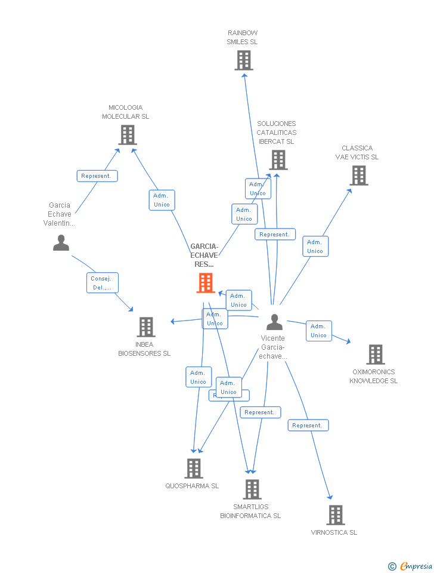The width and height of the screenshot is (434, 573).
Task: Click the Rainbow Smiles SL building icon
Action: pos(243,60)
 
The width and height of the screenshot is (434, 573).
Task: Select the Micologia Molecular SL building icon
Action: pos(128,135)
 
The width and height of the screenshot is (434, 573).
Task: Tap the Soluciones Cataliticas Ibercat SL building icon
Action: pos(278,160)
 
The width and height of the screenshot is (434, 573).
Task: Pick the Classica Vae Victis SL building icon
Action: pos(359,175)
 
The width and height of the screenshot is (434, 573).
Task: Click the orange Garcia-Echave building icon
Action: pos(206,283)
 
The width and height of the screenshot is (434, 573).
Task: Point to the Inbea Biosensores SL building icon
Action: pos(146,327)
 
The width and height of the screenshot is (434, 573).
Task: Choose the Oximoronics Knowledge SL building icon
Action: pos(375,355)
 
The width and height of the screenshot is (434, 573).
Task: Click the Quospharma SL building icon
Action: pos(193,469)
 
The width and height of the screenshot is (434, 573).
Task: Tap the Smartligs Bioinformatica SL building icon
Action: pos(252,489)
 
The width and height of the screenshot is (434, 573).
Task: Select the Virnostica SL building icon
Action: pos(336,515)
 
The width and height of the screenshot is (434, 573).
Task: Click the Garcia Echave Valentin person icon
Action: pos(61,243)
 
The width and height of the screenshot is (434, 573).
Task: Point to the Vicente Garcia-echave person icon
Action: pos(274,322)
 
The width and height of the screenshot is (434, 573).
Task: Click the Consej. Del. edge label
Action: pos(103,283)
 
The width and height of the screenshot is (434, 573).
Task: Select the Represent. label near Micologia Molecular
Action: pos(97,176)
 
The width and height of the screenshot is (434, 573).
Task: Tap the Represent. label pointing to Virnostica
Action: pos(308,426)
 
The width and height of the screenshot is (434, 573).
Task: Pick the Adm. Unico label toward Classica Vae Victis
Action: pos(315,247)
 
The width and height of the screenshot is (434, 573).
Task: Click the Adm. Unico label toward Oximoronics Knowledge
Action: pos(318,331)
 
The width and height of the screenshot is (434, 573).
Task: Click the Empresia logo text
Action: pos(416,566)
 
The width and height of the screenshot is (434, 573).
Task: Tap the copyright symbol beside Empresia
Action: pos(392,566)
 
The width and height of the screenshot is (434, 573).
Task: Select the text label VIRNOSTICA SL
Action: pos(334,532)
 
